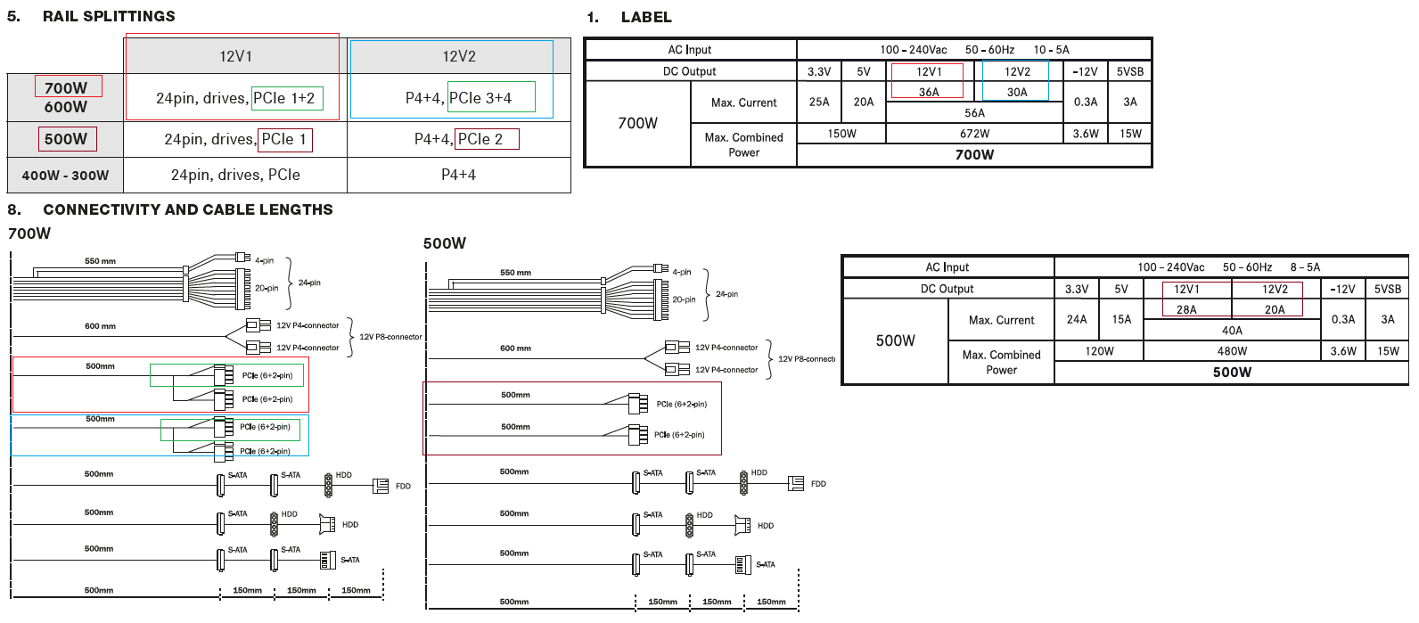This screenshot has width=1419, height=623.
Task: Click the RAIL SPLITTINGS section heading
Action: click(109, 16)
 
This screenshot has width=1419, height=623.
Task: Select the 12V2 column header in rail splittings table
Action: click(459, 56)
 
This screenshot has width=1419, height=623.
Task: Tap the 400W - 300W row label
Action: click(65, 176)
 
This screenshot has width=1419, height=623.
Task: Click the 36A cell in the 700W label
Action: click(929, 92)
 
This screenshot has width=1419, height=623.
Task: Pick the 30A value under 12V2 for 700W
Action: click(1017, 92)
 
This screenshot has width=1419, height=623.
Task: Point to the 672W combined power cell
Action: click(974, 134)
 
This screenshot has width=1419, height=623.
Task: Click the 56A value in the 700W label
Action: click(974, 113)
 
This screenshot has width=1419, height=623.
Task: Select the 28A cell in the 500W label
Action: click(1186, 309)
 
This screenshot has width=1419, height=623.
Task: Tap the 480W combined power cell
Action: click(1232, 351)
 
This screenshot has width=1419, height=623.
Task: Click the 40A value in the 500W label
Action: click(1232, 331)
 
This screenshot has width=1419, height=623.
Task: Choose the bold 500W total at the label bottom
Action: click(1232, 373)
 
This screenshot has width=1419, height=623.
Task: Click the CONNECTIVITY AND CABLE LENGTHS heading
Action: click(187, 209)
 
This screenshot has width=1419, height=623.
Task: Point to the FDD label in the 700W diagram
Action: click(403, 487)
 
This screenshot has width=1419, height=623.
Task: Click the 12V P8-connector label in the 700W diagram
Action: click(390, 337)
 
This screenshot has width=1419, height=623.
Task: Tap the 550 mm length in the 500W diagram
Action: click(515, 273)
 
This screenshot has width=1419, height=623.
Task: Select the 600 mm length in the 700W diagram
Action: click(100, 326)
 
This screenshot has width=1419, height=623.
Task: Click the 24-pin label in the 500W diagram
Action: click(726, 294)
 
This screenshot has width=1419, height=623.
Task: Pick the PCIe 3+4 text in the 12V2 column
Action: click(480, 98)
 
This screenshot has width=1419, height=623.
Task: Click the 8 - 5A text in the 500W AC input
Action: click(1305, 267)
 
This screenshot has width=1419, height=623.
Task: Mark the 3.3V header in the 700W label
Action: click(819, 72)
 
